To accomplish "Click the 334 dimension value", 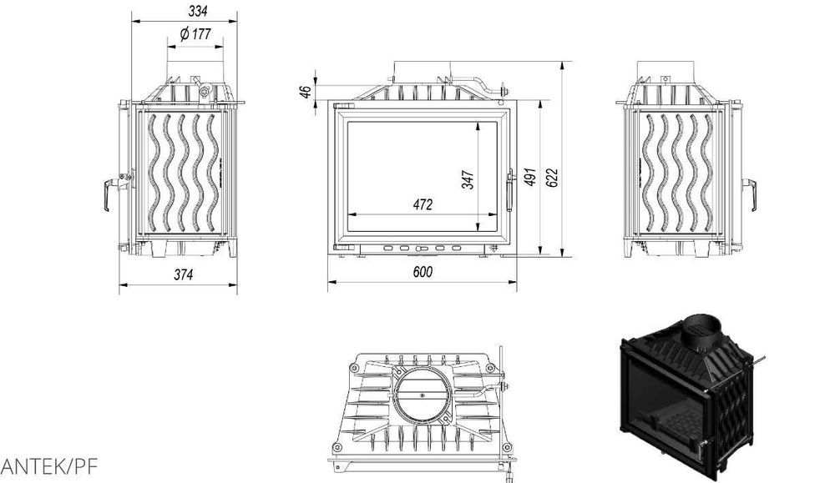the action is click(x=198, y=11).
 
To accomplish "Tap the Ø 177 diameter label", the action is click(x=195, y=34).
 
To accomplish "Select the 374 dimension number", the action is click(x=183, y=274).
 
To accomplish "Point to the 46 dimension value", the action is click(x=306, y=92).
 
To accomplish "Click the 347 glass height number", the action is click(x=468, y=179).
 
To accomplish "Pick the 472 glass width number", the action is click(x=423, y=204).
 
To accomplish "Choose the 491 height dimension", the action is click(x=530, y=177).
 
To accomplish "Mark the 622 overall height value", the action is click(x=552, y=178).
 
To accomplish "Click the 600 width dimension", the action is click(x=423, y=272).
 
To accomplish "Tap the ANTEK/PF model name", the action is click(x=49, y=466).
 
